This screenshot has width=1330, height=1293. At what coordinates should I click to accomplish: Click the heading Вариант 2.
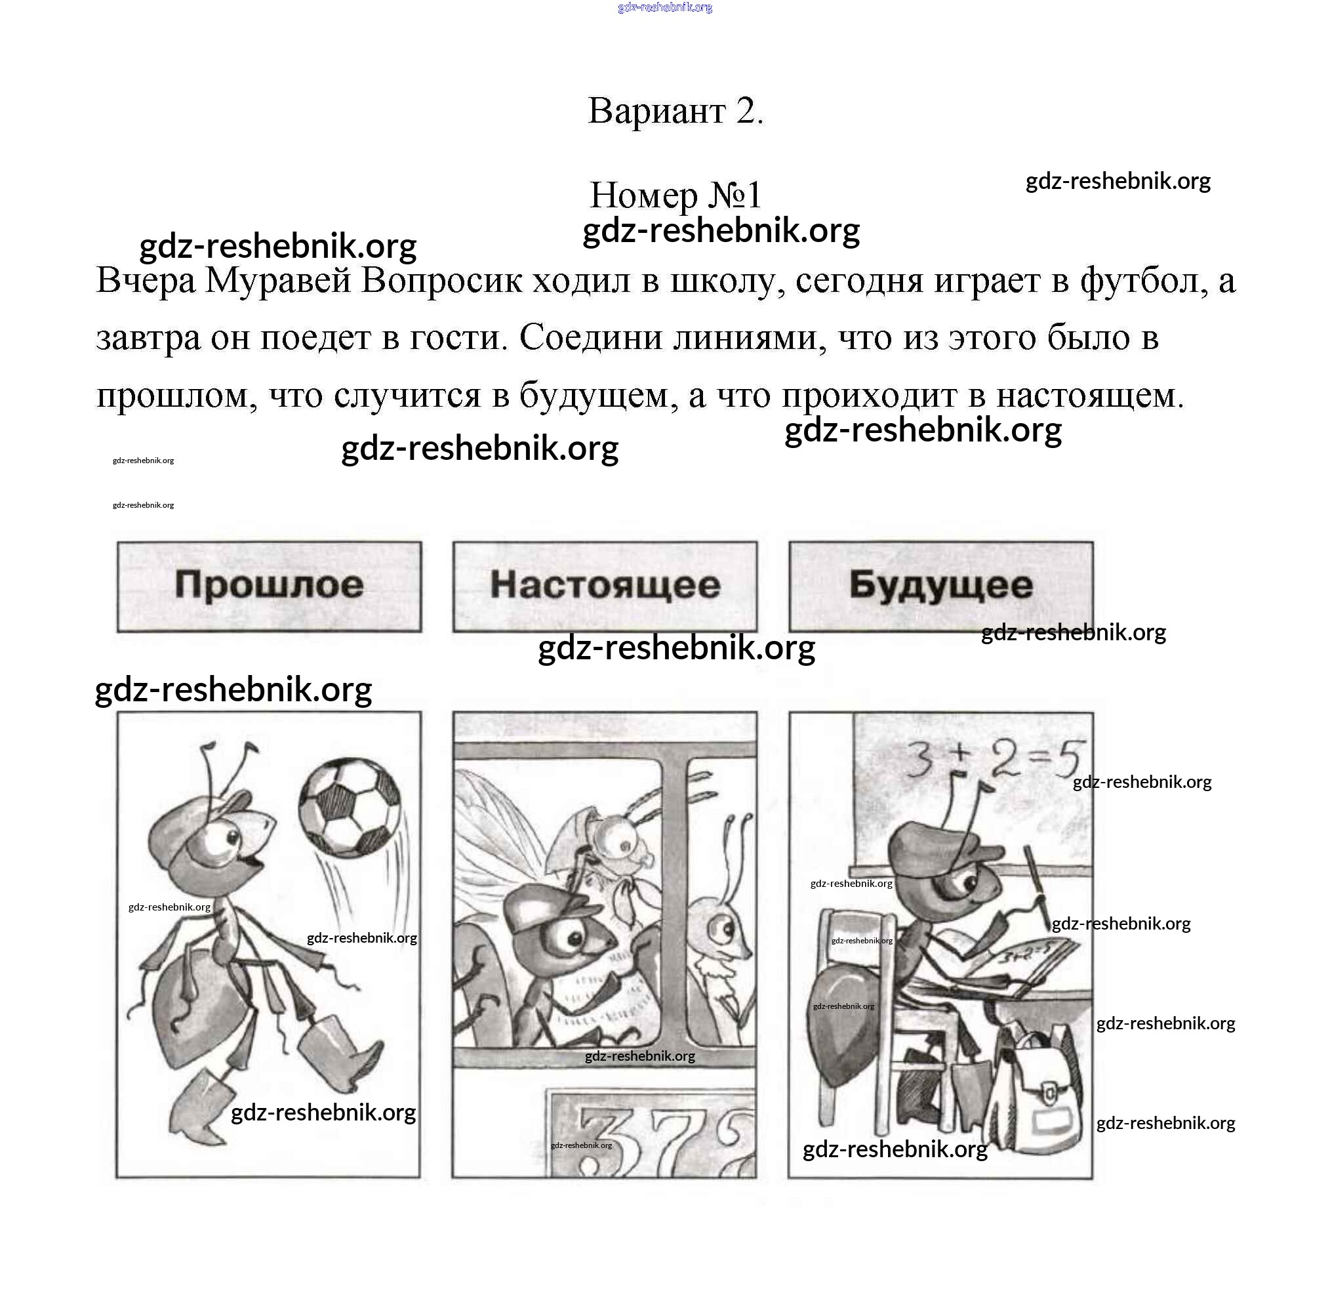(675, 111)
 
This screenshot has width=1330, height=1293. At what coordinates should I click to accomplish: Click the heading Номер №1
(675, 195)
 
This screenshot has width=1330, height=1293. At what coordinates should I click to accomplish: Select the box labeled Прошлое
(269, 586)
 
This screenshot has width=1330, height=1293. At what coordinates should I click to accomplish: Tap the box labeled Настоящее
(605, 586)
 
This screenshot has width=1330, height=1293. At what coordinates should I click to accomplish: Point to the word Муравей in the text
(278, 281)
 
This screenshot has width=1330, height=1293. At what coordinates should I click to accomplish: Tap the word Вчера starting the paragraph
(146, 281)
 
